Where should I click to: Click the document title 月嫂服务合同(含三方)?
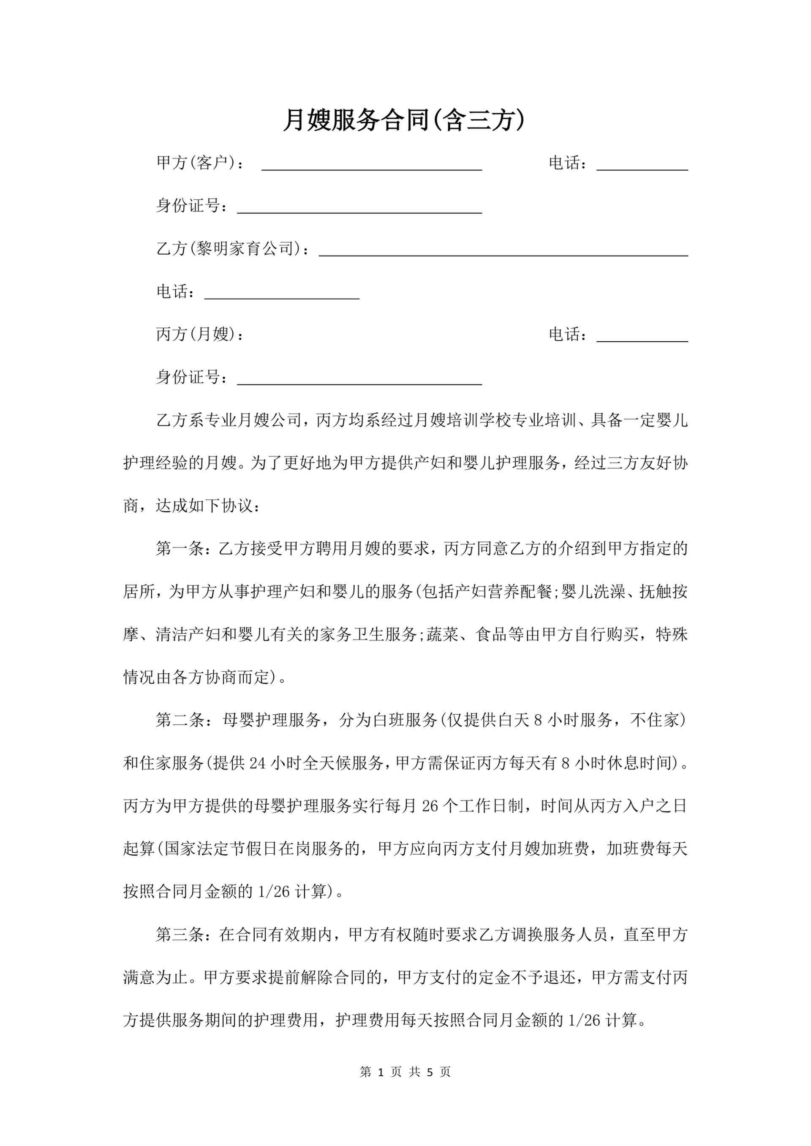coord(405,120)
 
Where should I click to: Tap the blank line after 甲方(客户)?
coord(372,165)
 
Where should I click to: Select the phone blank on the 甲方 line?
coord(642,165)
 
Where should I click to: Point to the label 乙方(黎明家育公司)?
coord(232,248)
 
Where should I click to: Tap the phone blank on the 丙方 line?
coord(642,337)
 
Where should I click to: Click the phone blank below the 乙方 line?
coord(282,294)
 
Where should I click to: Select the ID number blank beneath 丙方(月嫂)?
coord(359,379)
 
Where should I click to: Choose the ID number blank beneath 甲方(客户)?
coord(359,208)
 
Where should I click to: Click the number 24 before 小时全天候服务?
coord(258,763)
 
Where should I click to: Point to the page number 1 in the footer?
coord(381,1072)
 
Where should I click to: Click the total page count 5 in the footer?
coord(430,1072)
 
